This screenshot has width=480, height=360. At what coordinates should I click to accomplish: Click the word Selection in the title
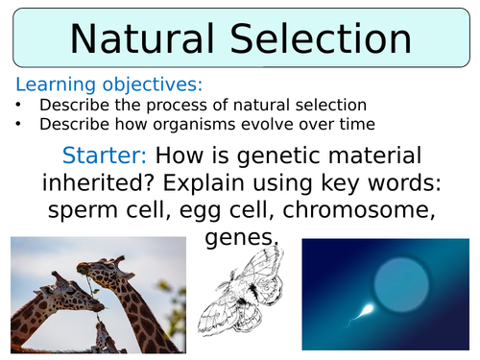click(x=320, y=38)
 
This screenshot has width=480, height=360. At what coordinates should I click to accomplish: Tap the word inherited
click(x=105, y=182)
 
